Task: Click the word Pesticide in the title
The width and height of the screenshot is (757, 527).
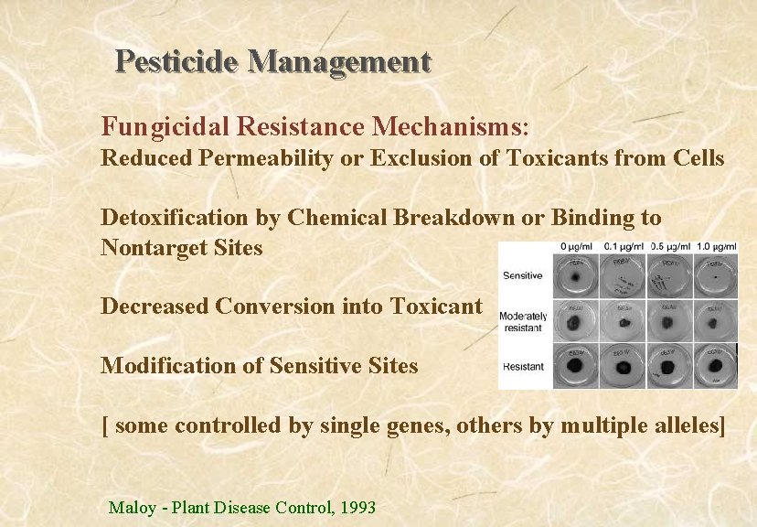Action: tap(177, 61)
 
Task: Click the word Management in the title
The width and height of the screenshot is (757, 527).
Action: tap(339, 61)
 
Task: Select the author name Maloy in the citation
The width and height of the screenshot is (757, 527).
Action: tap(133, 507)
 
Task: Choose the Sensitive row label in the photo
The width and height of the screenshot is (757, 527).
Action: tap(522, 275)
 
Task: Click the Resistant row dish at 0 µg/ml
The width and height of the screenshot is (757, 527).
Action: tap(579, 368)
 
